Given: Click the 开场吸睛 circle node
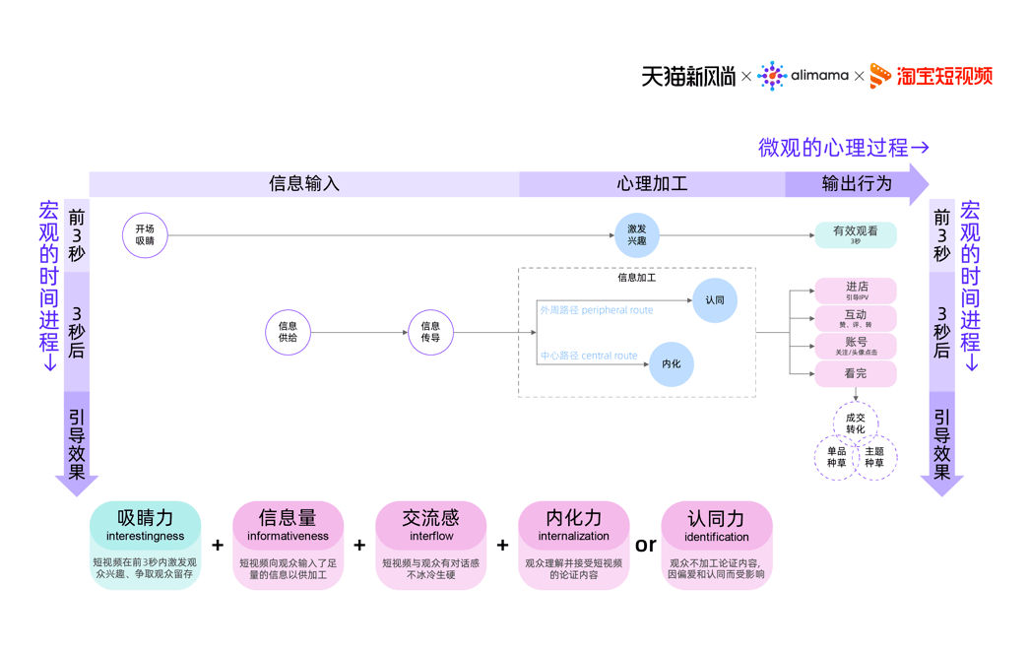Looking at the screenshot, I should coord(145,235).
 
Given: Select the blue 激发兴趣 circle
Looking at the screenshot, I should coord(636,235).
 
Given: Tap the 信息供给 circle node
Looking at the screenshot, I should coord(288,332).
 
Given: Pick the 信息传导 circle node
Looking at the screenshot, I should coord(430,332).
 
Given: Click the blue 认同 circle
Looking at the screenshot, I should coord(714,299).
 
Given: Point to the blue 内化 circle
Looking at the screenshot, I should coord(671,364).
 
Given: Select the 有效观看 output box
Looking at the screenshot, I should coord(855,234).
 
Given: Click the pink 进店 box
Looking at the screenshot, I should coord(855,290).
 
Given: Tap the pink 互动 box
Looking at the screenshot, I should coord(855,318).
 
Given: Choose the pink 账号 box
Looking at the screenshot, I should coord(855,346).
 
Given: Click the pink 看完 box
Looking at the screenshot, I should coord(855,374).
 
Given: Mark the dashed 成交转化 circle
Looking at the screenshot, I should coord(855,423).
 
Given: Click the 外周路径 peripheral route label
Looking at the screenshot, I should coord(596,310).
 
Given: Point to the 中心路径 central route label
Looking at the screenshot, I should coord(588,356).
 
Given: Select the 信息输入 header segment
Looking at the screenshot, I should coord(304,184).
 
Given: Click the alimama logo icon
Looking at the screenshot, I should coord(772,76).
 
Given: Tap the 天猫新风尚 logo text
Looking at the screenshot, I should coord(688,76).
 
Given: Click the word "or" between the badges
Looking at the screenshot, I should coord(645,545).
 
